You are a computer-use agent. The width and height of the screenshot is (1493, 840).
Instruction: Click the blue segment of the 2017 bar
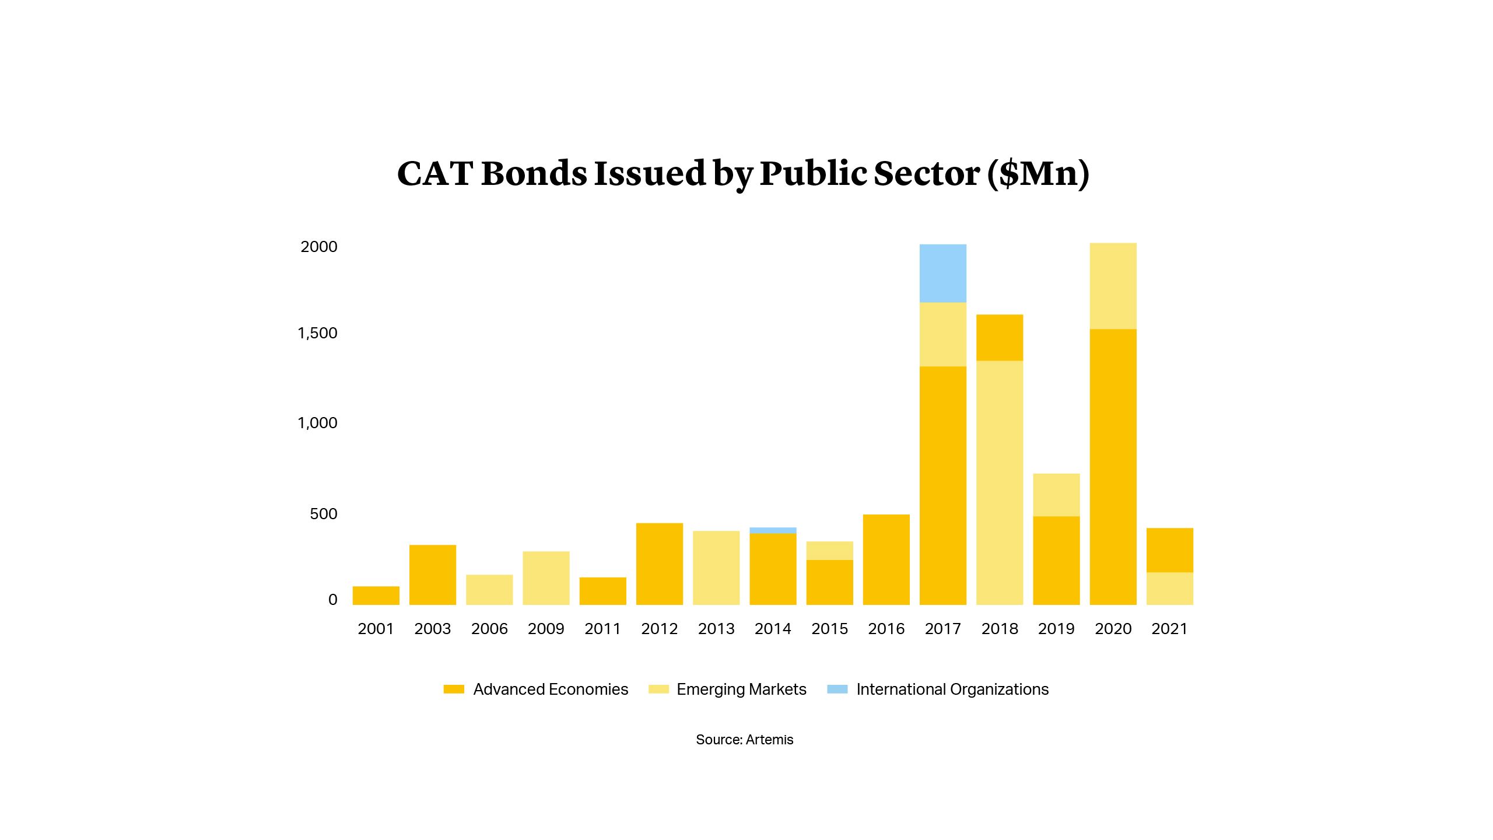point(942,273)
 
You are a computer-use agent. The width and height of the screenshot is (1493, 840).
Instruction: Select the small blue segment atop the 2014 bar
point(773,530)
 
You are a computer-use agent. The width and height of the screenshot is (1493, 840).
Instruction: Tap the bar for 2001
point(376,596)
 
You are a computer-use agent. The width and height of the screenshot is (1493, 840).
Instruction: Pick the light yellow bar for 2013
point(716,568)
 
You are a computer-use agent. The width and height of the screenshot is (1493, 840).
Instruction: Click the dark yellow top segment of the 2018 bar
point(1000,338)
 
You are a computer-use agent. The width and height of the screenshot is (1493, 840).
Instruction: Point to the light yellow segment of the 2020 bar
point(1113,286)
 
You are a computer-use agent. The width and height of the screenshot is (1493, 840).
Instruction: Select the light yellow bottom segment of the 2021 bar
point(1169,589)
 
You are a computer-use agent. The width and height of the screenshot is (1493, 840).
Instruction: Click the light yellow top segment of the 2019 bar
point(1056,495)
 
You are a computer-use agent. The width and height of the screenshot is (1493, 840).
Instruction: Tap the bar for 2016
point(886,559)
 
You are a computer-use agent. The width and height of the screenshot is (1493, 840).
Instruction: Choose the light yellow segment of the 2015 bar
point(829,551)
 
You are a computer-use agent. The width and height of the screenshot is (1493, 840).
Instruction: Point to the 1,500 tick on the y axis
point(317,333)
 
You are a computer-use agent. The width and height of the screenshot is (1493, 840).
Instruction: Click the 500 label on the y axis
point(324,514)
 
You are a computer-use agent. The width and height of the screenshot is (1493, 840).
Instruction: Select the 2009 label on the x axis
point(546,629)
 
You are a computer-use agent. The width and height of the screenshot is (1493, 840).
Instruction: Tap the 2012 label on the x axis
point(659,629)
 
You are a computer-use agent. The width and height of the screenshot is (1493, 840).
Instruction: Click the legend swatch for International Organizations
point(837,689)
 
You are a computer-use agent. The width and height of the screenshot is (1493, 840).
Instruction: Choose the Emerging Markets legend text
point(741,689)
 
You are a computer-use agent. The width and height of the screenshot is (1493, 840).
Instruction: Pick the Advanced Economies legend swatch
point(454,689)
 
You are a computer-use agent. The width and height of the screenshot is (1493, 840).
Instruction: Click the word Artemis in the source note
point(770,740)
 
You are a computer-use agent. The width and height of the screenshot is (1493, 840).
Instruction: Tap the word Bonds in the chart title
point(534,173)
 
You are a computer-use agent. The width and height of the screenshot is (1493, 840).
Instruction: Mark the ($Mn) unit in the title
point(1038,173)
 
